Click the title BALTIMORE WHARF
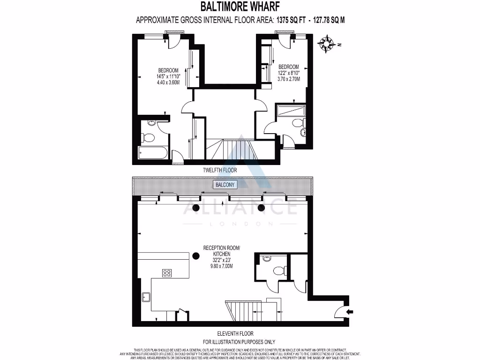point(240,7)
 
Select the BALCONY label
point(225,185)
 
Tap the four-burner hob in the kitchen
point(168,273)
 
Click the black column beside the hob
point(195,255)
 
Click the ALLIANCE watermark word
point(240,207)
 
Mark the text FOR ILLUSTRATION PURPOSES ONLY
point(239,342)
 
